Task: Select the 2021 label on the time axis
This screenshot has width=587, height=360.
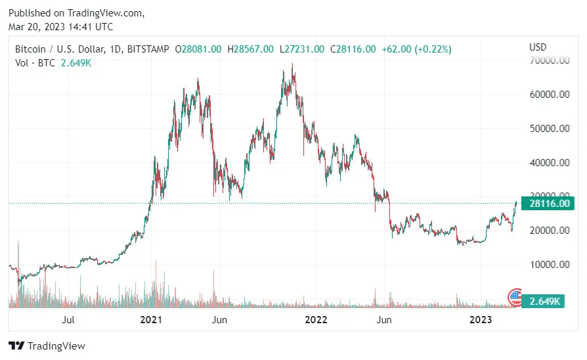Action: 151,320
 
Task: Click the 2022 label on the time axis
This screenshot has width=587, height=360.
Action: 316,320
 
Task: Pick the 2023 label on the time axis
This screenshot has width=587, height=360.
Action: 481,320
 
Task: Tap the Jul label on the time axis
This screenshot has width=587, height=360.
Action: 68,320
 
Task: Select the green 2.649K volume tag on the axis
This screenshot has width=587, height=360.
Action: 544,301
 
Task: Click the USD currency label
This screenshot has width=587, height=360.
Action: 538,47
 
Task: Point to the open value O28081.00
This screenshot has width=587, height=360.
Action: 198,49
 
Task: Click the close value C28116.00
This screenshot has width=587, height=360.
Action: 353,49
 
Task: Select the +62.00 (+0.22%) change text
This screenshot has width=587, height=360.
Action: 416,49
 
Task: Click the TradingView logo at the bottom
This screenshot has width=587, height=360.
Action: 47,346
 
